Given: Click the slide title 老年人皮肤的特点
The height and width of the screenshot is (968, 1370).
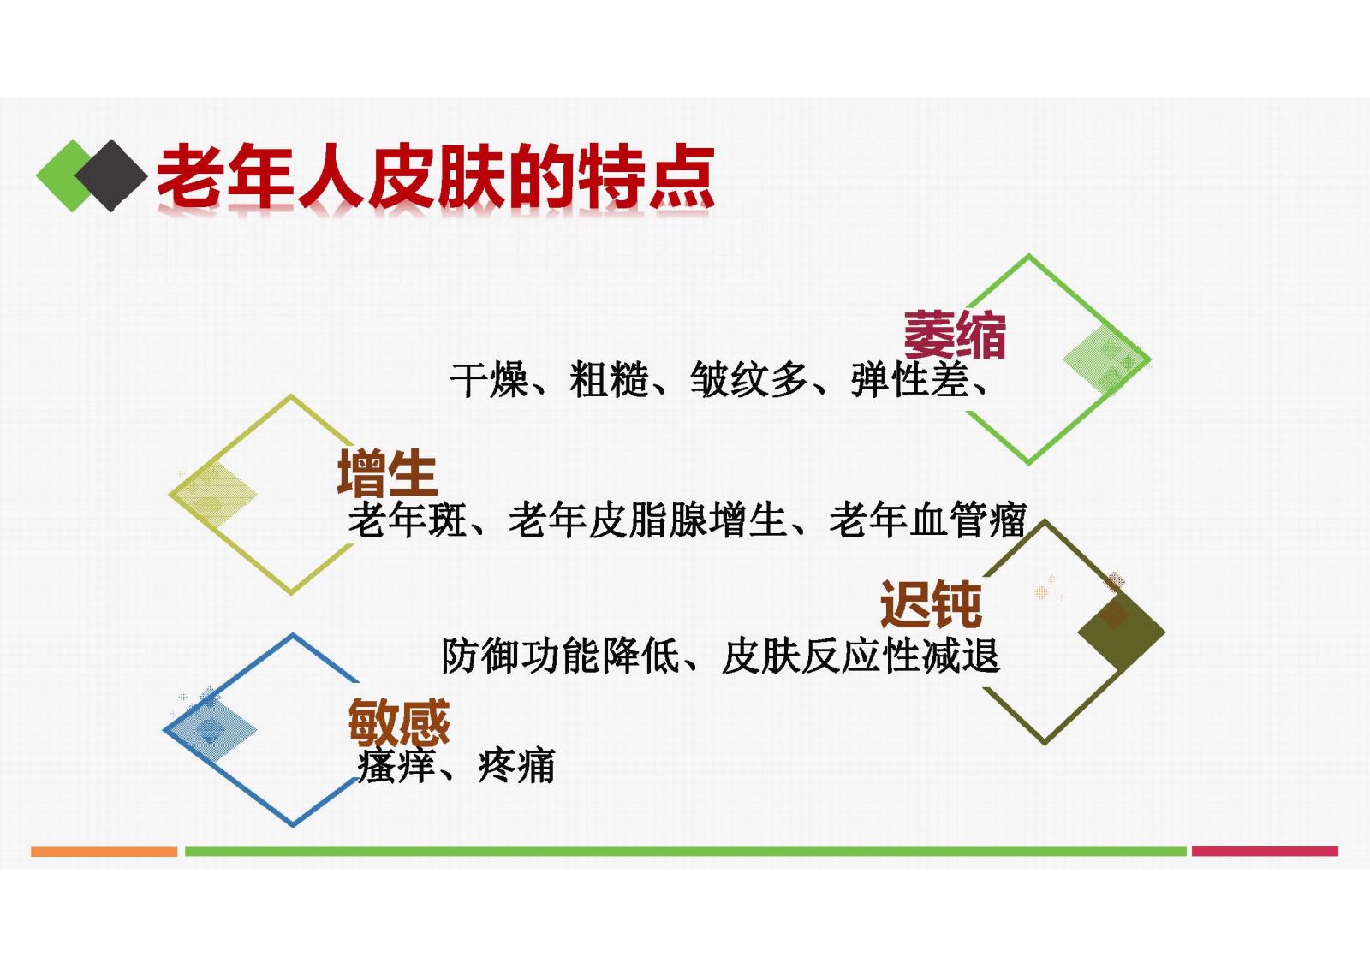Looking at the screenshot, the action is pyautogui.click(x=436, y=176).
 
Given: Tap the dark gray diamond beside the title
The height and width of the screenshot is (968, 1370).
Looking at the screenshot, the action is pyautogui.click(x=110, y=175).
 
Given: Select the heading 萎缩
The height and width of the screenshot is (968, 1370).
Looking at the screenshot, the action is pyautogui.click(x=955, y=335).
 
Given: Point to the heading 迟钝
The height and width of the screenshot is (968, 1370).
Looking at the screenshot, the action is pyautogui.click(x=931, y=603).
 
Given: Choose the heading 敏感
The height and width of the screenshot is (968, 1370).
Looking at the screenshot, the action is pyautogui.click(x=399, y=722).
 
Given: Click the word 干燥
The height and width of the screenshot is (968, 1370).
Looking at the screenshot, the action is pyautogui.click(x=488, y=380).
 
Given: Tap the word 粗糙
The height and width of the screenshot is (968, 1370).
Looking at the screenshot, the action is pyautogui.click(x=609, y=380).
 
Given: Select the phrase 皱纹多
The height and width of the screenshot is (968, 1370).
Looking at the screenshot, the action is pyautogui.click(x=749, y=380).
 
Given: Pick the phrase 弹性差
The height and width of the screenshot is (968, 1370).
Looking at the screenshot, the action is pyautogui.click(x=910, y=380).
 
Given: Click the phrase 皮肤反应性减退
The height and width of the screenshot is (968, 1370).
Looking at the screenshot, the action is pyautogui.click(x=861, y=656).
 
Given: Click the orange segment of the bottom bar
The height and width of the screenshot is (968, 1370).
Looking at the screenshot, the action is pyautogui.click(x=104, y=852).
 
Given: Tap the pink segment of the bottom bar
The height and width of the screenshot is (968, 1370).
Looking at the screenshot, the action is pyautogui.click(x=1265, y=852).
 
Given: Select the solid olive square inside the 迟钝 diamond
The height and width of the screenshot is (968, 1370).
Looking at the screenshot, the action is pyautogui.click(x=1121, y=632).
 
